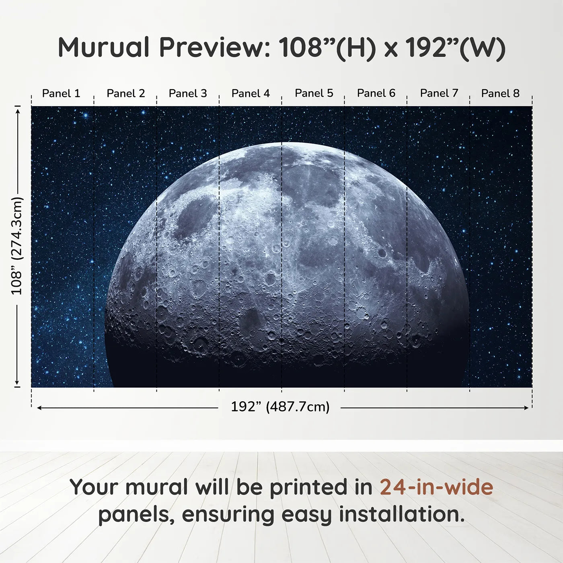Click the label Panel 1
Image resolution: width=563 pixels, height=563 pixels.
click(x=61, y=93)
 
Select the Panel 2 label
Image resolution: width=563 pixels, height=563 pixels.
click(x=125, y=93)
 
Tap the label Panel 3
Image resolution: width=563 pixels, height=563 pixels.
click(x=188, y=93)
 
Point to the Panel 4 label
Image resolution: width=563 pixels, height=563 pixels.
click(x=251, y=93)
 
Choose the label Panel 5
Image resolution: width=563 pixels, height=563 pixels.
click(x=314, y=93)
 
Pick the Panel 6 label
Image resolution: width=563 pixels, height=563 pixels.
click(x=376, y=93)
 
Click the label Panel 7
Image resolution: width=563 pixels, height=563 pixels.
click(x=439, y=93)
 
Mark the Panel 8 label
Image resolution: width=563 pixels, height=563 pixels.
click(x=500, y=93)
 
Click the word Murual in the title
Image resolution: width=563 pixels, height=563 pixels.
click(x=104, y=47)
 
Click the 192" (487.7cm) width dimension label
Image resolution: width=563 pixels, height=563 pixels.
click(x=280, y=407)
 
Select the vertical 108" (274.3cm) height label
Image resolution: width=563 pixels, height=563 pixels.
click(x=17, y=246)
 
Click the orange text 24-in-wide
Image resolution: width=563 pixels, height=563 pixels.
click(x=436, y=487)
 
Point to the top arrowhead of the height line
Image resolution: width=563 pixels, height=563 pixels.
click(x=17, y=110)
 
